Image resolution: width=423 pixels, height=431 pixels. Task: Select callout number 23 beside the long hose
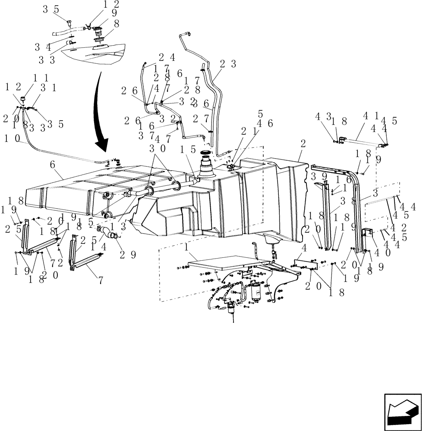(x=227, y=64)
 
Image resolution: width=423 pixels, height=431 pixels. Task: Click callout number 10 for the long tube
(x=11, y=139)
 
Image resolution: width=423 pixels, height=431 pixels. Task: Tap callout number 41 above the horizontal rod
(x=368, y=116)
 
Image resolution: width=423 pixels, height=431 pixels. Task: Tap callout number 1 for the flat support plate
(x=186, y=248)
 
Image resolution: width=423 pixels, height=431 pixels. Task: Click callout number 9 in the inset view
(x=114, y=13)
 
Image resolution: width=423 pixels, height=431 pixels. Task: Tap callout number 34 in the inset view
(x=43, y=47)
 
